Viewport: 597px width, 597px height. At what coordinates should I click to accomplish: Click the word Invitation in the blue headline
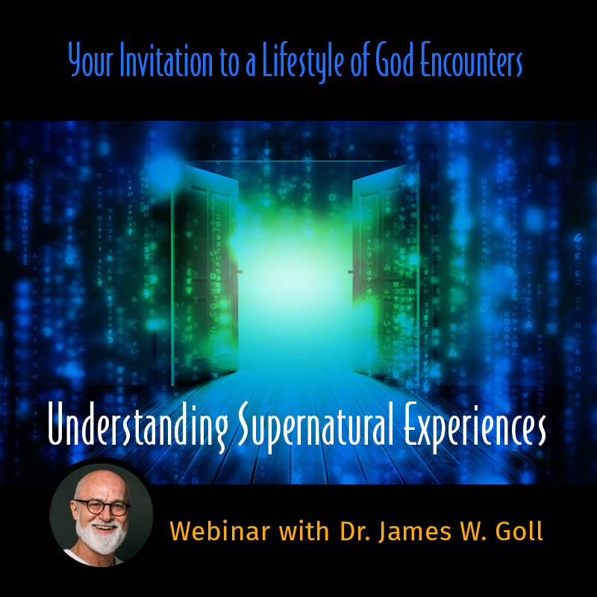(x=166, y=60)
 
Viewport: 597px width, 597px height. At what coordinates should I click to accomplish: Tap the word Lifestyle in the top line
(x=304, y=61)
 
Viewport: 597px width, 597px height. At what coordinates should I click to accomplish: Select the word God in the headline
(x=394, y=60)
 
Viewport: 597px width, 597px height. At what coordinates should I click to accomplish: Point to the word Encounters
(x=472, y=60)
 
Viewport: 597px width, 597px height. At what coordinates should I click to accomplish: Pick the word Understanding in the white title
(x=138, y=425)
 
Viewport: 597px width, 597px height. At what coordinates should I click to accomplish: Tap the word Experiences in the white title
(x=475, y=425)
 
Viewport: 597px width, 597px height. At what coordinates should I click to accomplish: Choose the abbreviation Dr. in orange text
(x=356, y=531)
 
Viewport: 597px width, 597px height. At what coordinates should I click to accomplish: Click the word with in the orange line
(x=304, y=531)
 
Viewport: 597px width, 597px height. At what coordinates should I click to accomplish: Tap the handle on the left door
(x=237, y=272)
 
